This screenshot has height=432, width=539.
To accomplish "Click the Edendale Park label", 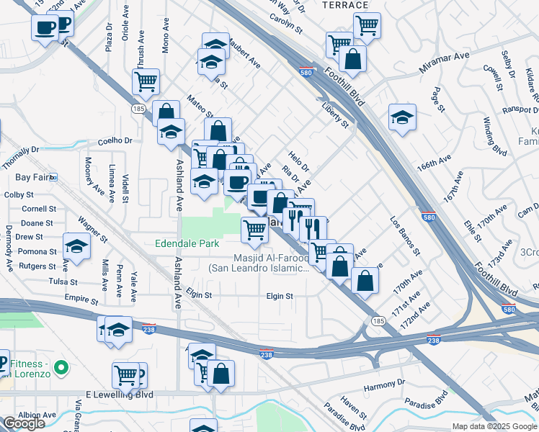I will [187, 243].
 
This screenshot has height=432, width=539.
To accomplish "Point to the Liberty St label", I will [335, 114].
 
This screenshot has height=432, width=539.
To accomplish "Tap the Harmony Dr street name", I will [380, 387].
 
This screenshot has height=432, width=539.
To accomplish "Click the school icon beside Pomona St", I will [76, 246].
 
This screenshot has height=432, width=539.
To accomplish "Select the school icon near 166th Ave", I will [402, 116].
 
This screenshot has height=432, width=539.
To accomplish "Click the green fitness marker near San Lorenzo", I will [61, 366].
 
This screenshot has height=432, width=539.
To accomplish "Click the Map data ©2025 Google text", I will [494, 426].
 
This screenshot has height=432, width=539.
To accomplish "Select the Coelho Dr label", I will [115, 141].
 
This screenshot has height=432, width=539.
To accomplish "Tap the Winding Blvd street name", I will [495, 136].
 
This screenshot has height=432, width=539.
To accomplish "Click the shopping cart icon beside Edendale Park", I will [254, 229].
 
